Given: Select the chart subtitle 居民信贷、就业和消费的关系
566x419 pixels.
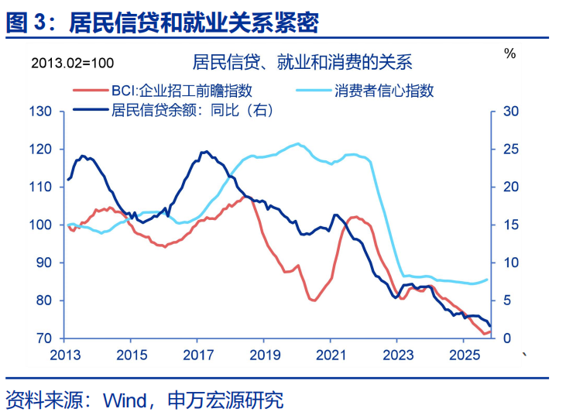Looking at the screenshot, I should [301, 62].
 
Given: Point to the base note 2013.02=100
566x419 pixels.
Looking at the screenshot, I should [72, 62].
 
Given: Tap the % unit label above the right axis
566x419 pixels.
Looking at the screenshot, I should [509, 53].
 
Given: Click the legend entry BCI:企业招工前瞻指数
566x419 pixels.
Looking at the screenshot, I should [182, 91].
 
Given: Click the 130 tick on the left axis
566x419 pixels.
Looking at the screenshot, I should [40, 112].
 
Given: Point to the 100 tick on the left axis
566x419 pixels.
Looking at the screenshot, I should [40, 225].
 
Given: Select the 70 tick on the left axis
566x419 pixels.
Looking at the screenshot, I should [43, 338].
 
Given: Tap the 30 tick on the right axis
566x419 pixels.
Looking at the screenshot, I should [511, 112].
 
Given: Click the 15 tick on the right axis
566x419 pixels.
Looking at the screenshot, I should [511, 225].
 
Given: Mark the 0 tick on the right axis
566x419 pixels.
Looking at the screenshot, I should [507, 338].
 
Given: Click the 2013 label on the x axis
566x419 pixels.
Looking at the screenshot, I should [63, 355].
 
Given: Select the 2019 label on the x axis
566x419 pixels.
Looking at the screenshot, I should [263, 355].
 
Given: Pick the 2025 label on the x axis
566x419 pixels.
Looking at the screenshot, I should [463, 355].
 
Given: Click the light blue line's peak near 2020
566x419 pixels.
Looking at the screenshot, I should [298, 143].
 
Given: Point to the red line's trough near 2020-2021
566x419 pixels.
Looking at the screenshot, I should [314, 301].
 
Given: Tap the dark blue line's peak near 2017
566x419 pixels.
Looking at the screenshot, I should [204, 152].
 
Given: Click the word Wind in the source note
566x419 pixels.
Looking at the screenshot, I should [127, 400].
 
